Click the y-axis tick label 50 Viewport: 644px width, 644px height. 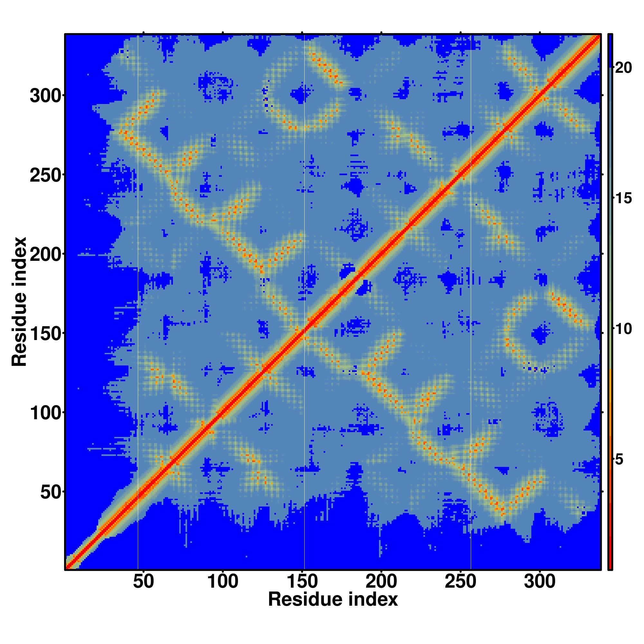tap(51, 492)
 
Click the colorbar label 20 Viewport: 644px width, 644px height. tap(623, 68)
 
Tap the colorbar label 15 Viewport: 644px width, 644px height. tap(623, 198)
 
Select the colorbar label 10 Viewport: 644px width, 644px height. tap(623, 329)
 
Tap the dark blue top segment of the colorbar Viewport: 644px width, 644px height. tap(610, 50)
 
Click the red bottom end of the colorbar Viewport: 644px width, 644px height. tap(610, 563)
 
